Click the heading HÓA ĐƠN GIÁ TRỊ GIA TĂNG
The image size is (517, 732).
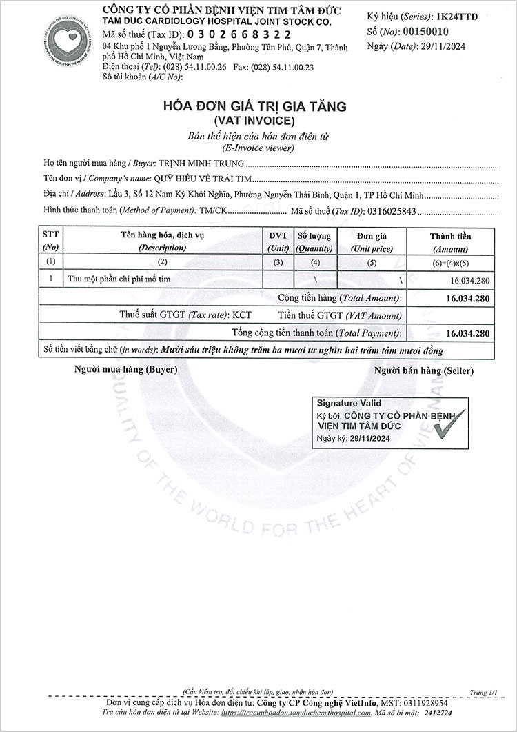tap(254, 107)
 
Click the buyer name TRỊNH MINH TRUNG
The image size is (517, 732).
tap(202, 165)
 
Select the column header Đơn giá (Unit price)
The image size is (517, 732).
tap(371, 241)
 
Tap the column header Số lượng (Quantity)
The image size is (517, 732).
tap(314, 241)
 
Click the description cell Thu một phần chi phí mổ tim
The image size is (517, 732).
tap(119, 279)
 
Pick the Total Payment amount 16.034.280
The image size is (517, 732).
tap(468, 333)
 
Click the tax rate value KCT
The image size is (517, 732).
tap(242, 315)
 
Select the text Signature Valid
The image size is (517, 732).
tap(349, 403)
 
